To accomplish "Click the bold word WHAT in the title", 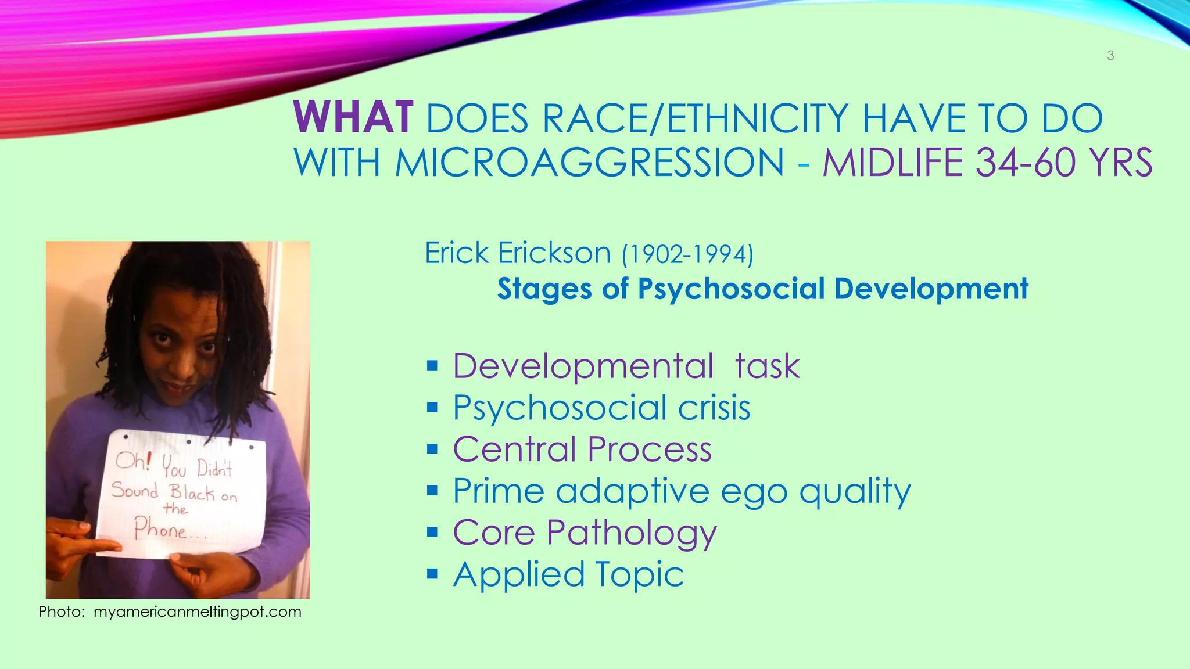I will click(x=353, y=118).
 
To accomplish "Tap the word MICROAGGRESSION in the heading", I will click(x=589, y=163).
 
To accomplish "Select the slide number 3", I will click(x=1110, y=56).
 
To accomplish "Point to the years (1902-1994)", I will click(x=687, y=254).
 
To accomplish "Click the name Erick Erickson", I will click(x=517, y=253).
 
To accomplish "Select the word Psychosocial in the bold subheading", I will click(x=731, y=289).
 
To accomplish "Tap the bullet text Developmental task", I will click(x=626, y=366).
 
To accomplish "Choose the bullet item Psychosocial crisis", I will click(x=601, y=408).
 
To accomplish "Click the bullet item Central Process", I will click(x=582, y=449).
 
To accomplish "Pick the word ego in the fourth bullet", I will click(x=754, y=491).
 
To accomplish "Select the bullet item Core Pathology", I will click(x=585, y=533).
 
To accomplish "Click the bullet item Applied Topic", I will click(x=568, y=574).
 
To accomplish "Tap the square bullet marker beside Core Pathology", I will click(x=432, y=532).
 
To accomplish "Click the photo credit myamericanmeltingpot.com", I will click(x=198, y=612).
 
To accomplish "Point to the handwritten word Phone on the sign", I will click(x=160, y=529).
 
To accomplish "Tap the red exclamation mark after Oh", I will click(x=148, y=461).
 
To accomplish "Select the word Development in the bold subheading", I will click(x=931, y=289).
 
